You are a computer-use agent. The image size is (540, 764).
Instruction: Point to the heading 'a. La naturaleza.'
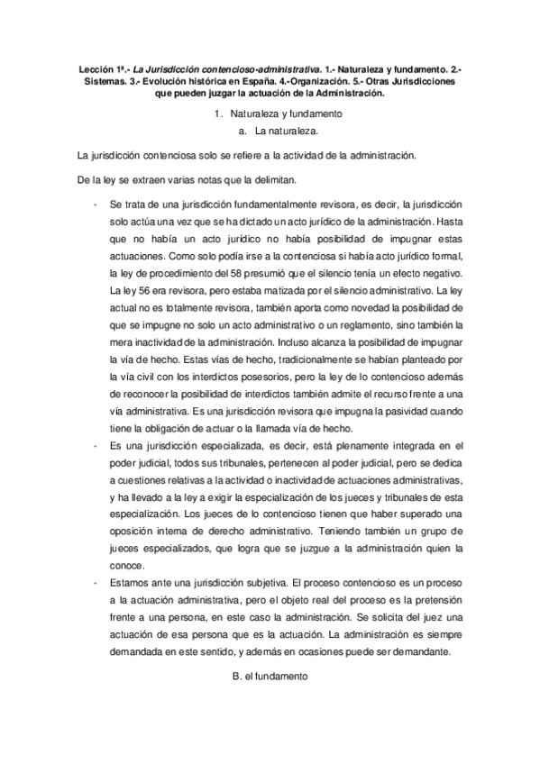[270, 131]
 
